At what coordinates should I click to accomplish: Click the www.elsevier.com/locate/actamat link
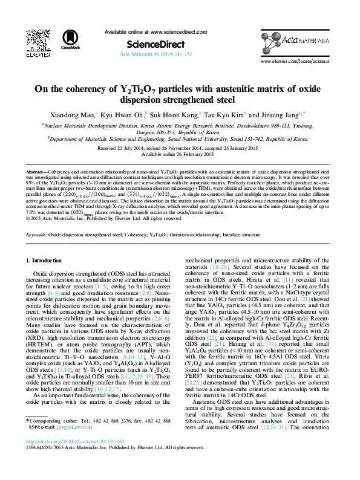click(295, 62)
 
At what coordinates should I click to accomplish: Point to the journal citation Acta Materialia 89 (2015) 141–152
click(156, 54)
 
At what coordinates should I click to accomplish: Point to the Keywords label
click(37, 232)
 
